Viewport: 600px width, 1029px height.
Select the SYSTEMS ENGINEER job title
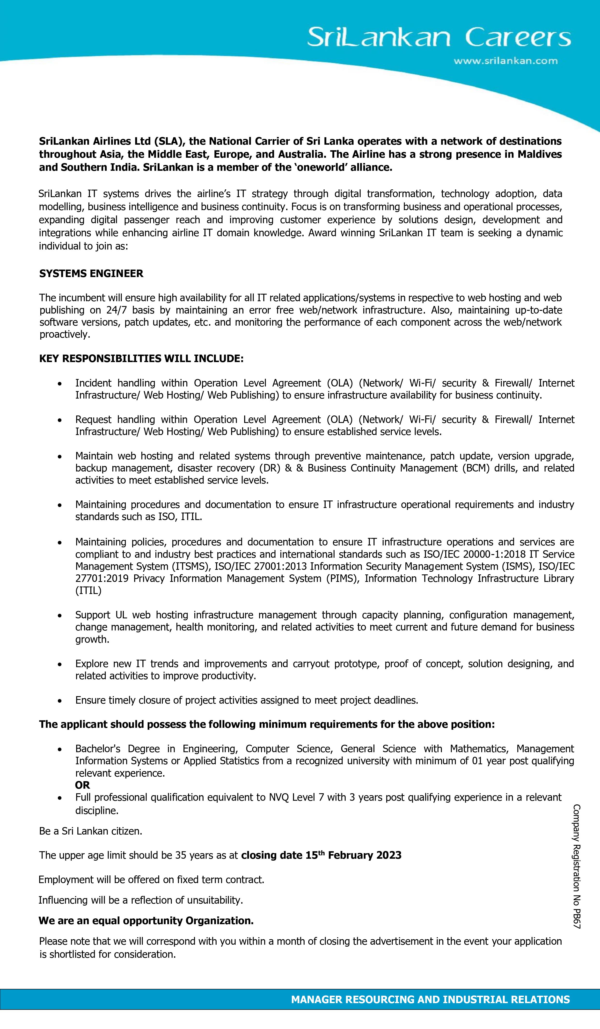(x=91, y=274)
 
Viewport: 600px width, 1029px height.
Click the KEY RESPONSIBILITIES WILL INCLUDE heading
(x=141, y=358)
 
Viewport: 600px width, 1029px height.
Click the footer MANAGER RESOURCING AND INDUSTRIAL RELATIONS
(x=430, y=999)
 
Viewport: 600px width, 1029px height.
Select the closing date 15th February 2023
(x=321, y=855)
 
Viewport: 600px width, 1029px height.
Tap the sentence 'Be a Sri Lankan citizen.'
(x=91, y=831)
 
